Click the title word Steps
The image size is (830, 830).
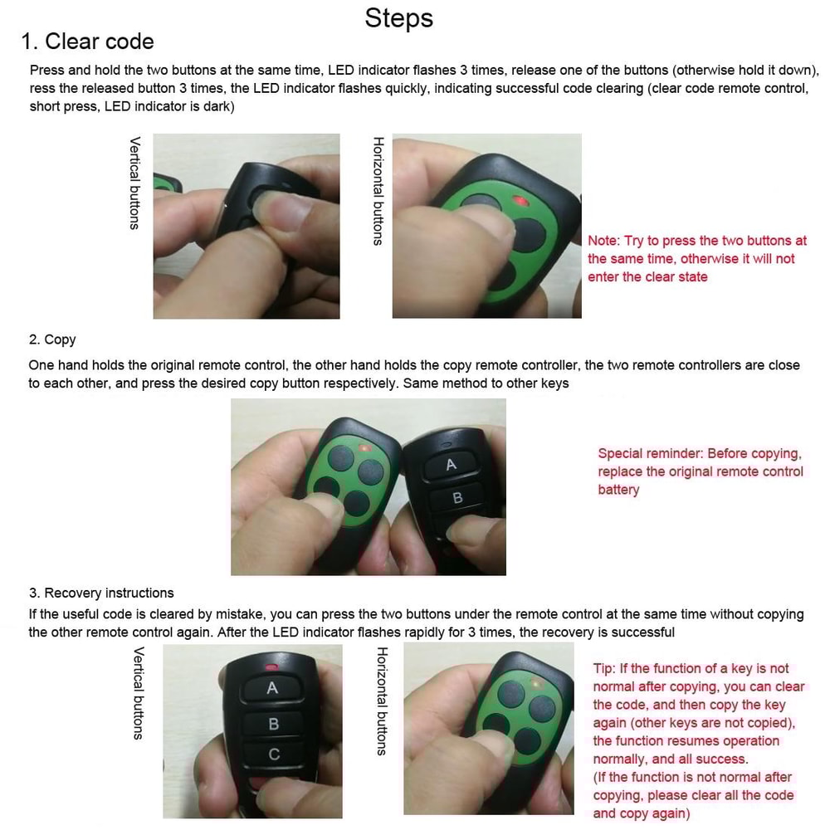pyautogui.click(x=398, y=18)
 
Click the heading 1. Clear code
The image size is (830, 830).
pyautogui.click(x=87, y=41)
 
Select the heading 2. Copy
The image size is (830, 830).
pyautogui.click(x=52, y=339)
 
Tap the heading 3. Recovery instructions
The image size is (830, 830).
pyautogui.click(x=101, y=593)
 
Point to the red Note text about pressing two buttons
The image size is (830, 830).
pyautogui.click(x=696, y=258)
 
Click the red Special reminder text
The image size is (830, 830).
pyautogui.click(x=700, y=471)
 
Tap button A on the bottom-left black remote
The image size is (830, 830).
pyautogui.click(x=272, y=689)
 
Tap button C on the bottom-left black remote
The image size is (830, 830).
pyautogui.click(x=274, y=754)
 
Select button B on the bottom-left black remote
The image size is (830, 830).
pyautogui.click(x=273, y=724)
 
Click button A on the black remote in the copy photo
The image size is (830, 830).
pyautogui.click(x=451, y=466)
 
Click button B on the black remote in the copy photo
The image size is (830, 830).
pyautogui.click(x=456, y=498)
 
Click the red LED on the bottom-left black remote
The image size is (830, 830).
pyautogui.click(x=271, y=666)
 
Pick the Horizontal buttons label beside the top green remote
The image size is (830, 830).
pyautogui.click(x=378, y=191)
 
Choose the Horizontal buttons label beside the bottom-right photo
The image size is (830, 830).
pyautogui.click(x=382, y=701)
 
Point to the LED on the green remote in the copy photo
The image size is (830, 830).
pyautogui.click(x=364, y=448)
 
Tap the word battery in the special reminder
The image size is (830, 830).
pyautogui.click(x=618, y=490)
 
